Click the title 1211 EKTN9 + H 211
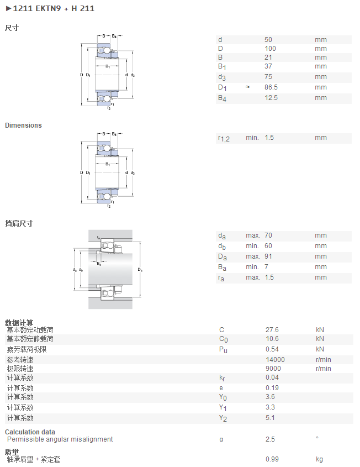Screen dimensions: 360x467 click(x=54, y=8)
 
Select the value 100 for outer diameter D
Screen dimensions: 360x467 click(x=270, y=49)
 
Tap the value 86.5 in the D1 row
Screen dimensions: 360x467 click(x=271, y=87)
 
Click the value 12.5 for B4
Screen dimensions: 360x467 click(x=271, y=98)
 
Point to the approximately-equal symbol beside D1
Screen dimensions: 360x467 click(x=247, y=87)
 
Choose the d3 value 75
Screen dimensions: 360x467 click(x=268, y=77)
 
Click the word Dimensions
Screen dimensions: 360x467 click(x=23, y=125)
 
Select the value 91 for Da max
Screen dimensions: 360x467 click(x=268, y=256)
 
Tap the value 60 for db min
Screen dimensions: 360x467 click(x=268, y=246)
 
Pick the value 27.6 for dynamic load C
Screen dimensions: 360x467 click(x=272, y=330)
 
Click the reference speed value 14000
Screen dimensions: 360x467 click(x=275, y=360)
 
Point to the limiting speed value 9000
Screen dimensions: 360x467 click(x=273, y=369)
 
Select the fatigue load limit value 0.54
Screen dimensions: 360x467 click(x=272, y=349)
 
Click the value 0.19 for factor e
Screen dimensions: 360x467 click(x=272, y=388)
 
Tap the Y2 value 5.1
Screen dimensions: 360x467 click(x=270, y=418)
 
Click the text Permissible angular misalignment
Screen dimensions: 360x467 click(x=60, y=439)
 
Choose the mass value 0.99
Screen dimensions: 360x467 click(x=272, y=459)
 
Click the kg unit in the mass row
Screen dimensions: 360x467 click(x=319, y=460)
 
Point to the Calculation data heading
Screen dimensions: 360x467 click(x=30, y=432)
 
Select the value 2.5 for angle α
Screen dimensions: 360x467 click(x=270, y=439)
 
